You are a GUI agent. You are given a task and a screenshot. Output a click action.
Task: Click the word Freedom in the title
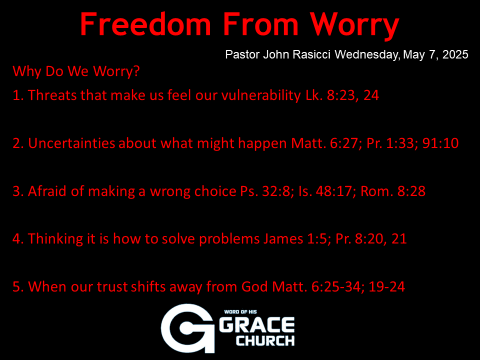[x=145, y=24]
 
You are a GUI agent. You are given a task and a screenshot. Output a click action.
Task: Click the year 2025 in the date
[x=455, y=54]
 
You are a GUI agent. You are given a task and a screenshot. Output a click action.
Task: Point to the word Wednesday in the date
[x=367, y=55]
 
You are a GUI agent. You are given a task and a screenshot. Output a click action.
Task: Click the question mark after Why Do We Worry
[x=136, y=70]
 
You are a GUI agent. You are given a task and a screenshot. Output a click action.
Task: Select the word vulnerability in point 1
[x=261, y=95]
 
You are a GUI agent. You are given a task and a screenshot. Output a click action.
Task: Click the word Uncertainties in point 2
[x=71, y=143]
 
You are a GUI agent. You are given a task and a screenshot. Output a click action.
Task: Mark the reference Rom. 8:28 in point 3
[x=393, y=191]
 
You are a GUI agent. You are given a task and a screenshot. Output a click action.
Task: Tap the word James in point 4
[x=283, y=239]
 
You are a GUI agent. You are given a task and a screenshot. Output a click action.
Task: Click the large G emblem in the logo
[x=187, y=328]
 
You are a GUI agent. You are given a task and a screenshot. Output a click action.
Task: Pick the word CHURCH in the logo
[x=265, y=340]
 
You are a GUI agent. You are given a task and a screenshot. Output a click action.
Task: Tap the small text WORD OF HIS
[x=240, y=312]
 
